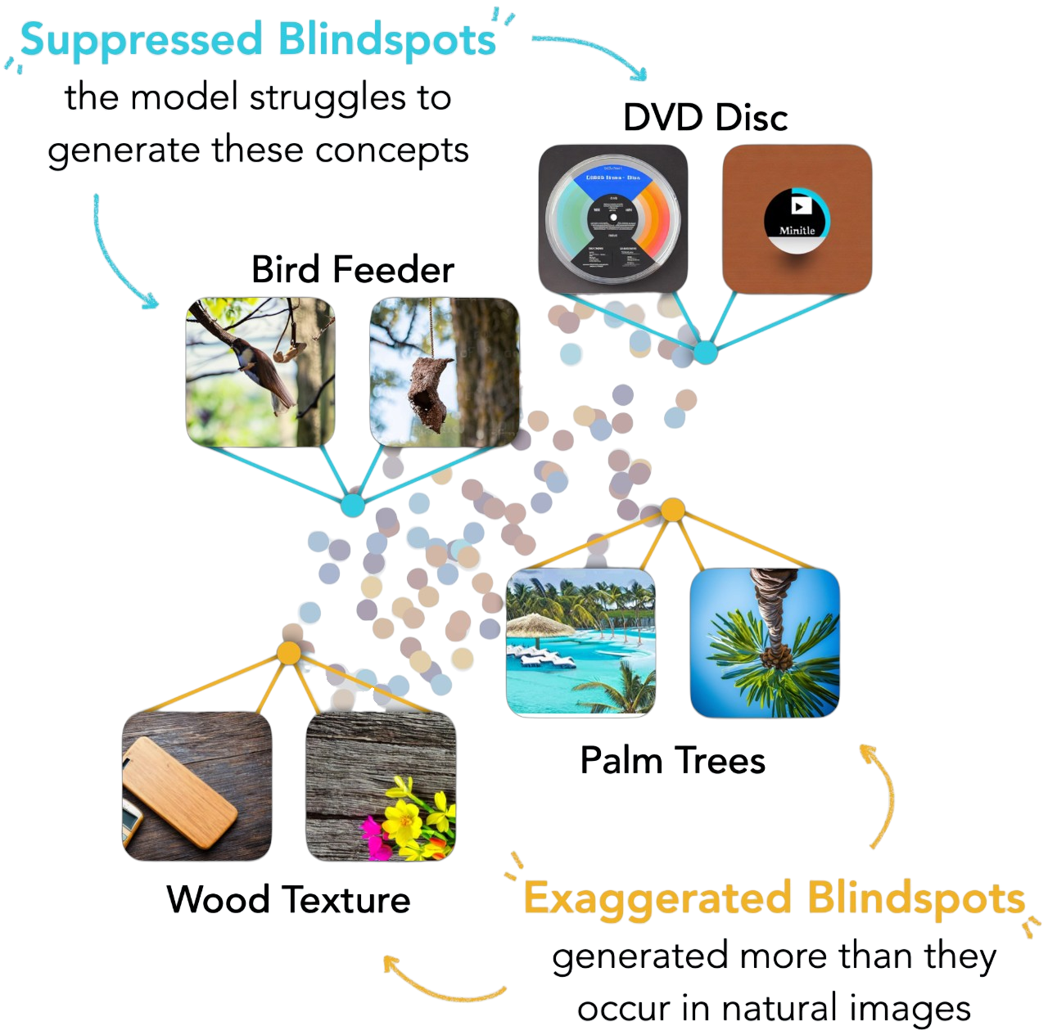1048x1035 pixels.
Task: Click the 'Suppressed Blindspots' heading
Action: tap(259, 39)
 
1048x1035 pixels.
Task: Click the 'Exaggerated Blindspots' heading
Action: tap(773, 898)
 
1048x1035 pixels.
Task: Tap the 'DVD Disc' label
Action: tap(705, 118)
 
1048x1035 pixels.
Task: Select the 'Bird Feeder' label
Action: tap(353, 269)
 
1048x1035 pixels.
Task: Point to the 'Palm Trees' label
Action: tap(672, 761)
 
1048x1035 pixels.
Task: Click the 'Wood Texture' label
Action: tap(288, 900)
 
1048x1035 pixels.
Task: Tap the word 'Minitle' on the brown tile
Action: tap(797, 230)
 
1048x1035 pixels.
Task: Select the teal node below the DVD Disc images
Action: tap(706, 353)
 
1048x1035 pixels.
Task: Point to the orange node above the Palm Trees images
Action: tap(672, 510)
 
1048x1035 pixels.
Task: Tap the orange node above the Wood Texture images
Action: tap(288, 652)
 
